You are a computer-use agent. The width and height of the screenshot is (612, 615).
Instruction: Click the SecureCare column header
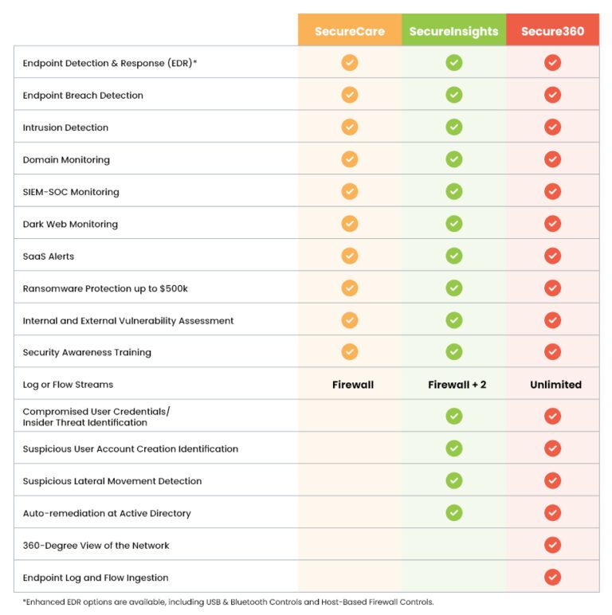[x=349, y=32]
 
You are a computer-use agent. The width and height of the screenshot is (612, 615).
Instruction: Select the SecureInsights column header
[x=453, y=32]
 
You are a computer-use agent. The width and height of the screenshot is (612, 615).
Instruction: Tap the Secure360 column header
[x=552, y=32]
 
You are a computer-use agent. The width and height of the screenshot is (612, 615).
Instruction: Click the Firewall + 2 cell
[x=457, y=385]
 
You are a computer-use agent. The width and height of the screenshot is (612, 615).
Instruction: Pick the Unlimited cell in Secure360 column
[x=555, y=385]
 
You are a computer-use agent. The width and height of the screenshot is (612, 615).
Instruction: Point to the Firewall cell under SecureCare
[x=352, y=385]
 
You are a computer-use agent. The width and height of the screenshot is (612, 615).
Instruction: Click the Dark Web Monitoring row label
[x=70, y=224]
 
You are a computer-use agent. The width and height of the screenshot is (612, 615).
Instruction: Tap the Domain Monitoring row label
[x=66, y=159]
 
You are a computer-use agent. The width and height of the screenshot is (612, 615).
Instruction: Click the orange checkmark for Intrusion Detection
[x=350, y=127]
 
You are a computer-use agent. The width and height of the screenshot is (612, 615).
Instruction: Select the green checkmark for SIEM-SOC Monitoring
[x=454, y=191]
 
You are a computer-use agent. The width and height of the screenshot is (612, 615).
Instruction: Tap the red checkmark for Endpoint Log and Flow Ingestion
[x=552, y=578]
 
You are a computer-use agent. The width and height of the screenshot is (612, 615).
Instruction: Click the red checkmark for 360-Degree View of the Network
[x=552, y=545]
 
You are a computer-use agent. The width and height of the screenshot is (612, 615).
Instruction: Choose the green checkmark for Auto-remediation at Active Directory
[x=454, y=513]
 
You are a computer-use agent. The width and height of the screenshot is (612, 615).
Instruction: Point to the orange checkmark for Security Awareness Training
[x=350, y=352]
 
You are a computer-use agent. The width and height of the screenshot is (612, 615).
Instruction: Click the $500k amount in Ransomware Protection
[x=174, y=288]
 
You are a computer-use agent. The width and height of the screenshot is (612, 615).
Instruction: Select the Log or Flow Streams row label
[x=68, y=385]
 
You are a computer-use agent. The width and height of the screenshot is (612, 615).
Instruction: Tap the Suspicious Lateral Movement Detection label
[x=112, y=481]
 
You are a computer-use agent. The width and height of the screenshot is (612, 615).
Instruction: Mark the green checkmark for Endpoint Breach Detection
[x=454, y=95]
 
